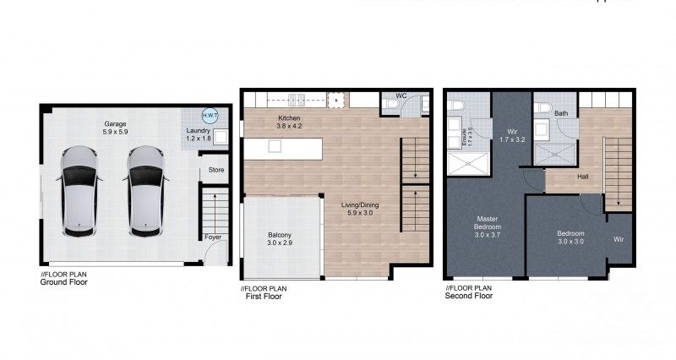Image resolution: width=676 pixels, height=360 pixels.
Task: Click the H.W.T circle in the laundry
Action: click(209, 116)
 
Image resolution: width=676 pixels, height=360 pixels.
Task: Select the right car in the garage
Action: click(145, 191)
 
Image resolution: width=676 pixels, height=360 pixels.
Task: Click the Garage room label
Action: click(115, 128)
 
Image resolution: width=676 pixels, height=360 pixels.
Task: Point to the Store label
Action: click(216, 171)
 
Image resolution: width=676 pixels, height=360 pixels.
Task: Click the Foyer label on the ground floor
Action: click(215, 237)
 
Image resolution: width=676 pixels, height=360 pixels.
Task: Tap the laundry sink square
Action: click(220, 136)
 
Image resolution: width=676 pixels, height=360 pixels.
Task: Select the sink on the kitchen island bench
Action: click(275, 146)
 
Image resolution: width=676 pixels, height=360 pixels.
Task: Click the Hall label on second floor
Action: click(583, 177)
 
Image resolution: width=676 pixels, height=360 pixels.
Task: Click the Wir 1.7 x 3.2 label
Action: click(512, 136)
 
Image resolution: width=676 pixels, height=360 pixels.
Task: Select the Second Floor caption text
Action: click(470, 297)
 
